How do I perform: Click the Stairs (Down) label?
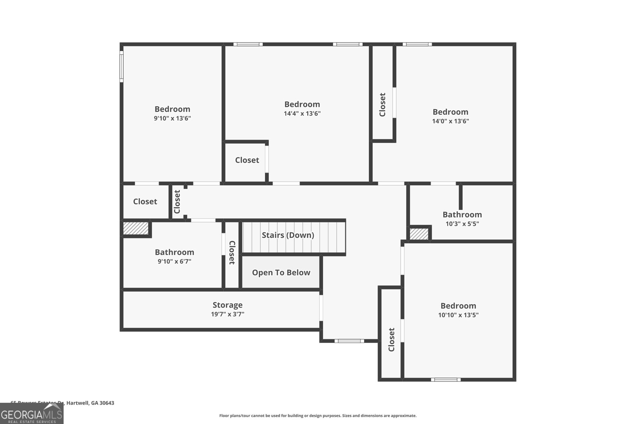(288, 235)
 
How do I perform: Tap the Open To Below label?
(281, 273)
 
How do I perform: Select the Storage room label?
(227, 305)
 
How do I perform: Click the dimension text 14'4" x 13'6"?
(302, 114)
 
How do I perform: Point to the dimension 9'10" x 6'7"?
(174, 261)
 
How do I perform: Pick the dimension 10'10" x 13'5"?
(458, 315)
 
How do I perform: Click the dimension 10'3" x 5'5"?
(462, 224)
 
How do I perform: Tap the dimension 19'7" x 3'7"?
(227, 314)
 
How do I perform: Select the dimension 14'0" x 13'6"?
(450, 121)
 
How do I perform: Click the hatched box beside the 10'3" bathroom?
(419, 234)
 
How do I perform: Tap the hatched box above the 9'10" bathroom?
(136, 228)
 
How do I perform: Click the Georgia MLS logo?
(32, 414)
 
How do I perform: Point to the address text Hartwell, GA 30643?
(90, 403)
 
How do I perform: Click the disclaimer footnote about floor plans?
(318, 416)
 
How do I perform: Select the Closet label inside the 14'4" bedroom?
(247, 160)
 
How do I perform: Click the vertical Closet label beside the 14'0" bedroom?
(382, 105)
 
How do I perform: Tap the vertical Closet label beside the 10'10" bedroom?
(392, 339)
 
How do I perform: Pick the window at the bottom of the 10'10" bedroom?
(446, 379)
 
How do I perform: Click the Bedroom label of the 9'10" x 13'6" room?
(172, 109)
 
